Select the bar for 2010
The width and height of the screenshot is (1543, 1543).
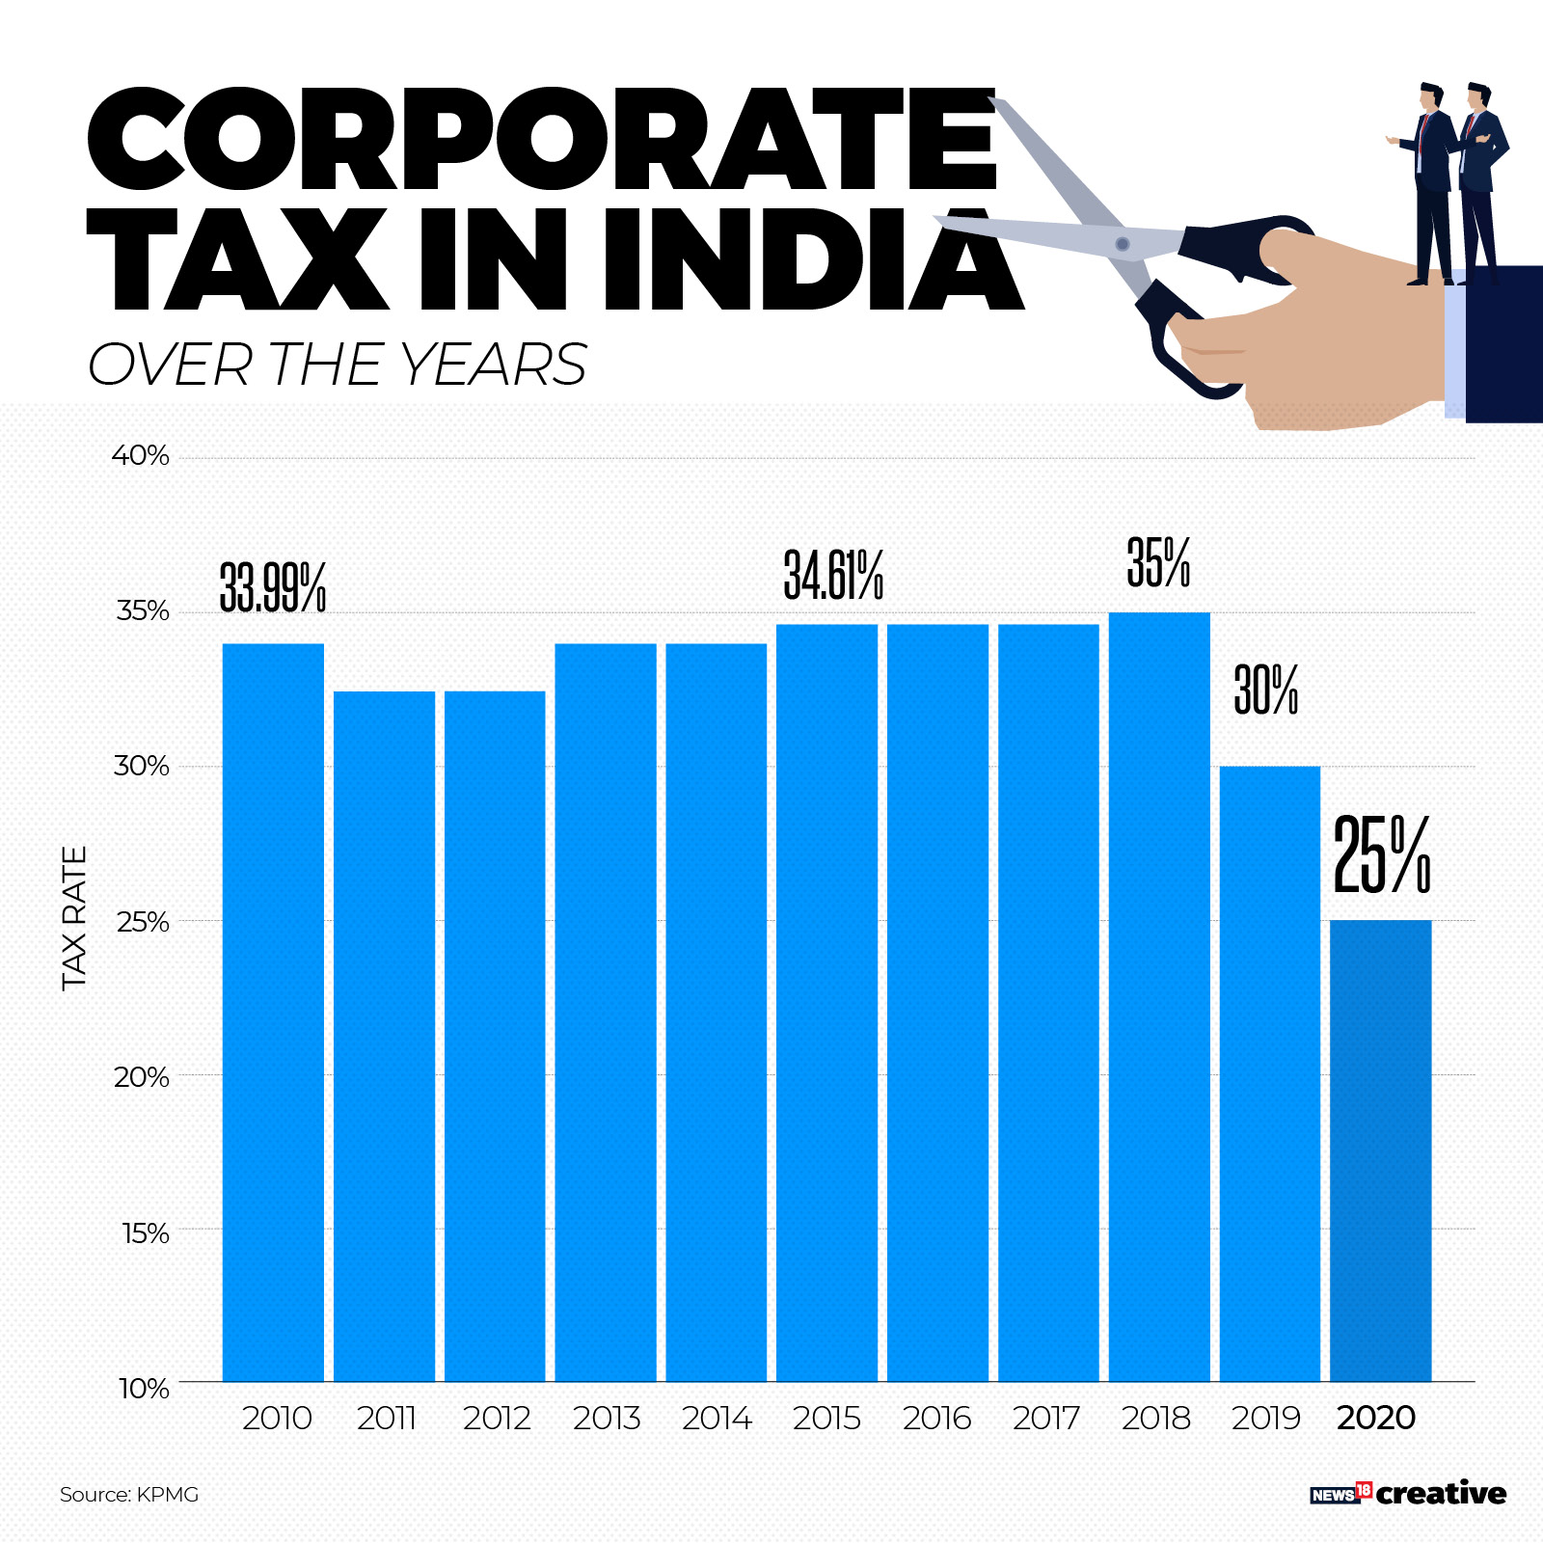point(273,1013)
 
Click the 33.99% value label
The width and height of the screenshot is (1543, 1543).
point(273,587)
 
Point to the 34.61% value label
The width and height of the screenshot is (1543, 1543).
point(833,575)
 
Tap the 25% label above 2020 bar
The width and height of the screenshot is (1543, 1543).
point(1381,854)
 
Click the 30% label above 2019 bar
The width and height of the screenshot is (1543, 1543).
point(1266,690)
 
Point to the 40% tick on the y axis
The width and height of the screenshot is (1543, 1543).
point(141,455)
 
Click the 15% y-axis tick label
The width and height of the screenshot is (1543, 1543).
point(145,1233)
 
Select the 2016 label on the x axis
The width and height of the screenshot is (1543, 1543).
point(936,1418)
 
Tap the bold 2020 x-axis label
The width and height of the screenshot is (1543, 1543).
point(1376,1418)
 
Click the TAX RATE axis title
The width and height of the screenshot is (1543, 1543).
point(74,917)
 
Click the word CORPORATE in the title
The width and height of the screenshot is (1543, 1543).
point(540,141)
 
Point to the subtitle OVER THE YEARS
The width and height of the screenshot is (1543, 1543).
point(338,365)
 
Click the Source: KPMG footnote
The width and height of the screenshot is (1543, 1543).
point(129,1494)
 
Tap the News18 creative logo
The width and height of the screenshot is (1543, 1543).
point(1407,1493)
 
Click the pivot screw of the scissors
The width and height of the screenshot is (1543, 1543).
point(1122,244)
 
